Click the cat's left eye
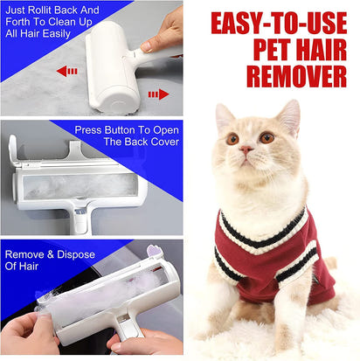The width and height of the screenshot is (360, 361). point(232,138)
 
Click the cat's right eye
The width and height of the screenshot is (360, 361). point(267,137)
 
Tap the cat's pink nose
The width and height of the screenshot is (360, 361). point(247,150)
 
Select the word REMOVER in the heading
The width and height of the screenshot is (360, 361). point(296,75)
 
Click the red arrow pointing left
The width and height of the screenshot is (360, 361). point(66,71)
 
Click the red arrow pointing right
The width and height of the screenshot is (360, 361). point(157,94)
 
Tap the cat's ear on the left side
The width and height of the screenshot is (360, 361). point(224,116)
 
